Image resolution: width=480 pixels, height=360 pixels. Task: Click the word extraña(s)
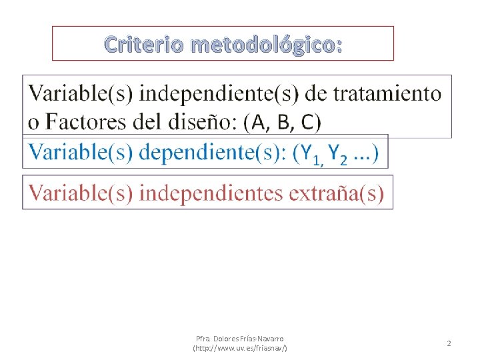click(x=341, y=193)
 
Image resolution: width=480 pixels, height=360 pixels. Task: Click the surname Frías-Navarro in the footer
click(x=265, y=339)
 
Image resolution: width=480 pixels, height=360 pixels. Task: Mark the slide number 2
click(x=449, y=343)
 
